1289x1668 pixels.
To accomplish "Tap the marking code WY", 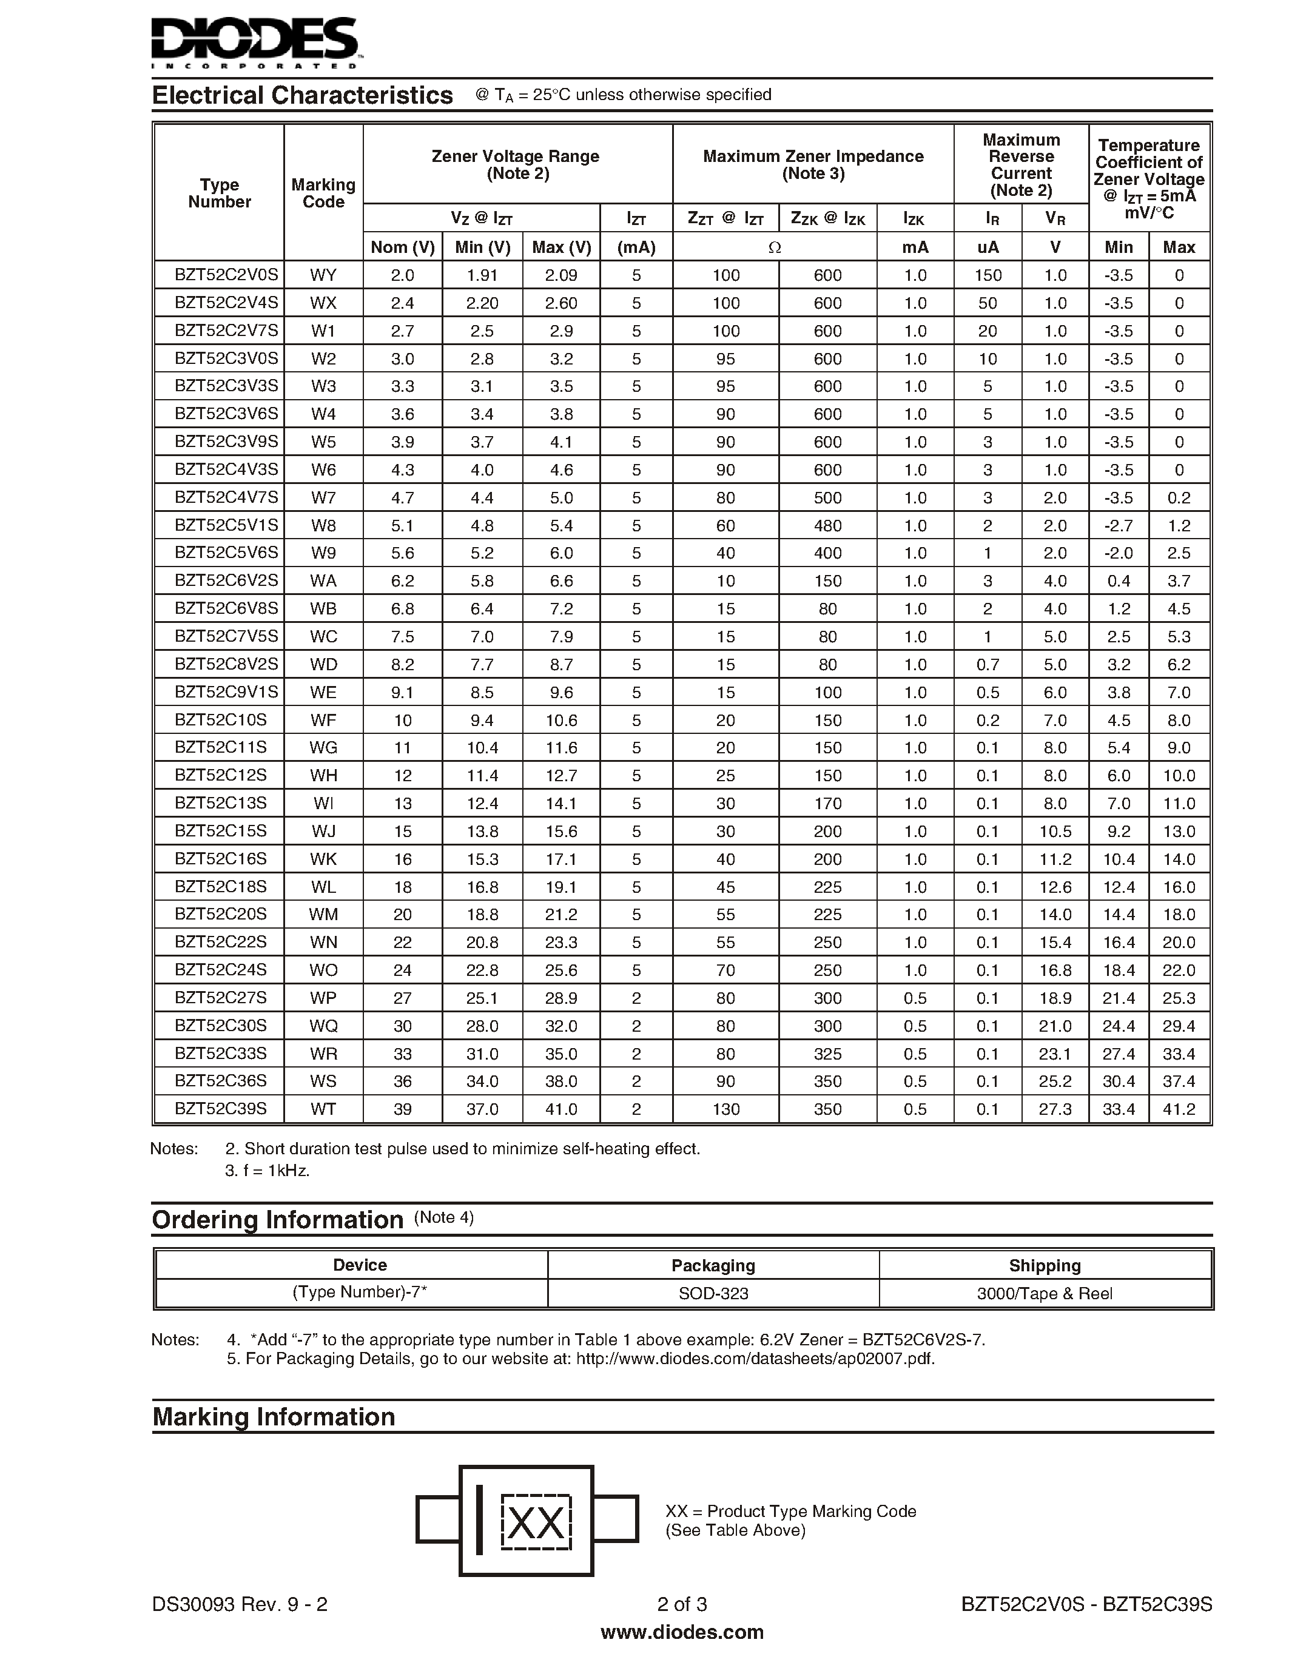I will (323, 275).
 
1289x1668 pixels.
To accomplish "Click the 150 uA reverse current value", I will (988, 275).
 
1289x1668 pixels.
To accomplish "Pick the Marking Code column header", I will (323, 193).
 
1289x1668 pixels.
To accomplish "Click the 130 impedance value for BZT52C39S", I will (725, 1109).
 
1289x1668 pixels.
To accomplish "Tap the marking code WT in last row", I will (323, 1109).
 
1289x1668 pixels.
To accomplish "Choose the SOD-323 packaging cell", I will (713, 1293).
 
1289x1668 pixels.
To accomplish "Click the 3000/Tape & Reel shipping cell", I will (1044, 1293).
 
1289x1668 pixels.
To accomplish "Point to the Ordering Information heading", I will (277, 1220).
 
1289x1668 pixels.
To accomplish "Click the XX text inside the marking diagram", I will (536, 1523).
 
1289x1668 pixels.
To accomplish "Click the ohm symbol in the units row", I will (775, 247).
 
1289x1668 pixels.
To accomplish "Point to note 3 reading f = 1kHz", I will (268, 1170).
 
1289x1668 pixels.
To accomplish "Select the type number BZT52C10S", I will (221, 719).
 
